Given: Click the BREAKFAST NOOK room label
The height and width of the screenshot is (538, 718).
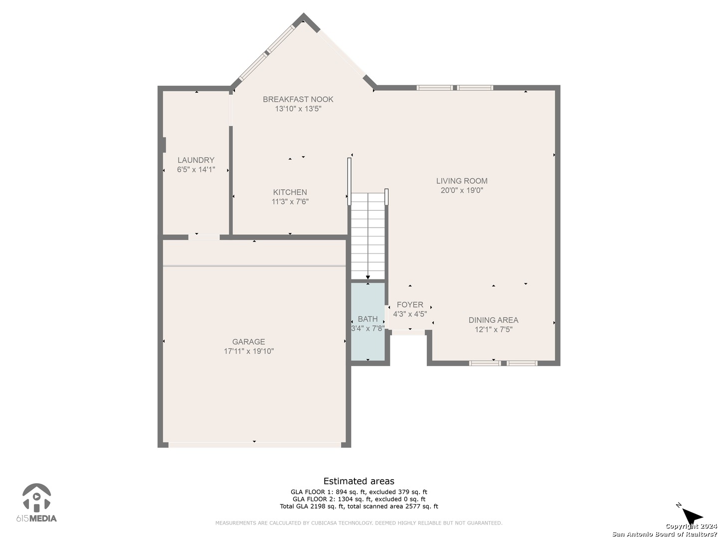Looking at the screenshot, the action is pyautogui.click(x=298, y=99).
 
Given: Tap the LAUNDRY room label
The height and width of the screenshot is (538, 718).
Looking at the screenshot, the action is pyautogui.click(x=196, y=160).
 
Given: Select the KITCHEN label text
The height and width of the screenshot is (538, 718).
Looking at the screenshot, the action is pyautogui.click(x=290, y=192).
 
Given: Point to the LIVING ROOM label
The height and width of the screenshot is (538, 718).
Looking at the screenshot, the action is pyautogui.click(x=462, y=181).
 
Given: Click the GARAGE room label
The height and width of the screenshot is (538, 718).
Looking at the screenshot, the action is pyautogui.click(x=249, y=342).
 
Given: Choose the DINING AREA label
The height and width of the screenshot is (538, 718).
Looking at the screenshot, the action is pyautogui.click(x=493, y=320).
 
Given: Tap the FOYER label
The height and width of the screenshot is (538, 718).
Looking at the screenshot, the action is pyautogui.click(x=410, y=305).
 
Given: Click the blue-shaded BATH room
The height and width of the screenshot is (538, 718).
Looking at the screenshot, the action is pyautogui.click(x=367, y=322).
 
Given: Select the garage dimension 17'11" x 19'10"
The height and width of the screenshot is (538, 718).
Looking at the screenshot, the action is pyautogui.click(x=249, y=351).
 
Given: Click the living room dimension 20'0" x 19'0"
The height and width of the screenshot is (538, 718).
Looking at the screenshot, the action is pyautogui.click(x=462, y=190).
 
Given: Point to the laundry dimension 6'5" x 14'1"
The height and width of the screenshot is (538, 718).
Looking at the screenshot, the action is pyautogui.click(x=196, y=169).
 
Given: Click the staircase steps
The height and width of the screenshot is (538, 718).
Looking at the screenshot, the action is pyautogui.click(x=367, y=236).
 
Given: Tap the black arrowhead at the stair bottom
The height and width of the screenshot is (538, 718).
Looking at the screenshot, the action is pyautogui.click(x=368, y=277).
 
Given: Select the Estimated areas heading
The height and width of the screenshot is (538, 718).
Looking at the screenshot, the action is pyautogui.click(x=359, y=481).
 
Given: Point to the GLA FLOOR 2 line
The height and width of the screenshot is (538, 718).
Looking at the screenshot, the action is pyautogui.click(x=359, y=499).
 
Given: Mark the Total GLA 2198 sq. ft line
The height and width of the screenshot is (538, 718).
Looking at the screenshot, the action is pyautogui.click(x=359, y=506).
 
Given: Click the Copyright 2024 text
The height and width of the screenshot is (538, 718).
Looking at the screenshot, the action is pyautogui.click(x=691, y=526).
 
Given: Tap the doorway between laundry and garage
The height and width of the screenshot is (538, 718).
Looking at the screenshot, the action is pyautogui.click(x=204, y=238).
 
